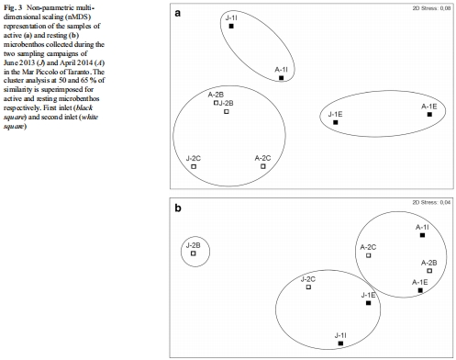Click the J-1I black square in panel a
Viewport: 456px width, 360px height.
[231, 27]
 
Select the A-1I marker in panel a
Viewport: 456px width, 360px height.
[282, 78]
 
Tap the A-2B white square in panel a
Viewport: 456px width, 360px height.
[216, 103]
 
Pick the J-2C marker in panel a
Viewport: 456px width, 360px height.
[194, 166]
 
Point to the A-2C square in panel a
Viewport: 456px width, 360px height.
[263, 166]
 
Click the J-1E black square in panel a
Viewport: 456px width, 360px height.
[336, 122]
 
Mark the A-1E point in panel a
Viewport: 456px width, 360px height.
[429, 115]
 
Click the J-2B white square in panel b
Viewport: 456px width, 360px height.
[194, 253]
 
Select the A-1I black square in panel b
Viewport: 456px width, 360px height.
[422, 235]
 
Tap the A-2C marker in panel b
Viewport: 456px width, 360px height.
[369, 255]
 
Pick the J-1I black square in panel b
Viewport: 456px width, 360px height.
[340, 343]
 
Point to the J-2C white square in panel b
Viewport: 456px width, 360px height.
[308, 287]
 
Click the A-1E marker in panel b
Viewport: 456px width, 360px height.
[420, 290]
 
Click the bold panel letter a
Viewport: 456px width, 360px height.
[178, 13]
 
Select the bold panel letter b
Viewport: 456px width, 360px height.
[178, 208]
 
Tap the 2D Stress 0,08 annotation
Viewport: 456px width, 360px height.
[431, 8]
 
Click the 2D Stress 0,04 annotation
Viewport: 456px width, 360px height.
[431, 202]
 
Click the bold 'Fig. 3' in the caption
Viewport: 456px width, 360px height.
[13, 7]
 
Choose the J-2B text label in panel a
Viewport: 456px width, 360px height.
[227, 103]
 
